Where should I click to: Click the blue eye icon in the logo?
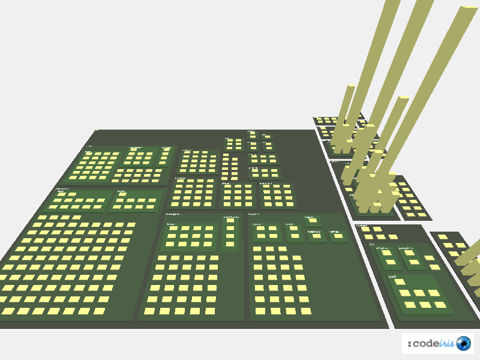[463, 343]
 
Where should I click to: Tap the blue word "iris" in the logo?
[446, 343]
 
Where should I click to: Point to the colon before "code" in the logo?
[409, 344]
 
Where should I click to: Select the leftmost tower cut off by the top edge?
[391, 6]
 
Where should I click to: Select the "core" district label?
[392, 277]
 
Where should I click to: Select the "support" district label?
[253, 213]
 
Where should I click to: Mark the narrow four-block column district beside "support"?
[230, 233]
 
